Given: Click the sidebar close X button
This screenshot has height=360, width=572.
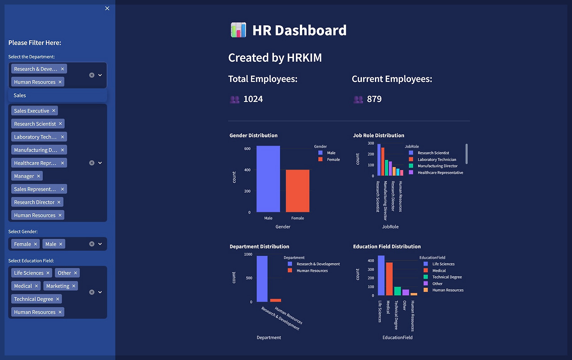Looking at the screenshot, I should point(107,8).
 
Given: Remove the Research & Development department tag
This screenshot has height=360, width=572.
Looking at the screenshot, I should point(63,69).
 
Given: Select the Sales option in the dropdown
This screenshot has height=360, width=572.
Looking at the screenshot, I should point(20,95).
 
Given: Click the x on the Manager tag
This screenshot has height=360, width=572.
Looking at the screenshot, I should point(38,176).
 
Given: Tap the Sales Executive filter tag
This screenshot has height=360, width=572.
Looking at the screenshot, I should point(31,111).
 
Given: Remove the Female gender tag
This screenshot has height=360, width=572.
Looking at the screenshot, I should point(36,244).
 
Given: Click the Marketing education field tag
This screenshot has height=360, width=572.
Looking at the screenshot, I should point(58,286).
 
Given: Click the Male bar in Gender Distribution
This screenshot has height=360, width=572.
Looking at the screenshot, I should point(268,179).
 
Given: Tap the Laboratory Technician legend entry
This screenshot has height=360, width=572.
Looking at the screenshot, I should point(437,160).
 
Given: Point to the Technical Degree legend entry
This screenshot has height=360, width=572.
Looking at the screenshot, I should point(447,277).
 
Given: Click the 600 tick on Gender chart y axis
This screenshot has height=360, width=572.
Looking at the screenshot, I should point(247,149).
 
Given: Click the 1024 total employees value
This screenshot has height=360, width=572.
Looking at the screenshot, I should point(253,99).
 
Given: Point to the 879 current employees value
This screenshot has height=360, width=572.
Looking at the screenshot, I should point(374,99).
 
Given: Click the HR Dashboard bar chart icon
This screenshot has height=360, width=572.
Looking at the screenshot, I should point(238,30).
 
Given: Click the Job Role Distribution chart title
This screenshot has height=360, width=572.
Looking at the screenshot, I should point(379,136).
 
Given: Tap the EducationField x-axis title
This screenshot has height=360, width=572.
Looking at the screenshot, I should point(397,338).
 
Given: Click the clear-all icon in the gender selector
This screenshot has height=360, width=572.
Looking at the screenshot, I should point(92,244).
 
